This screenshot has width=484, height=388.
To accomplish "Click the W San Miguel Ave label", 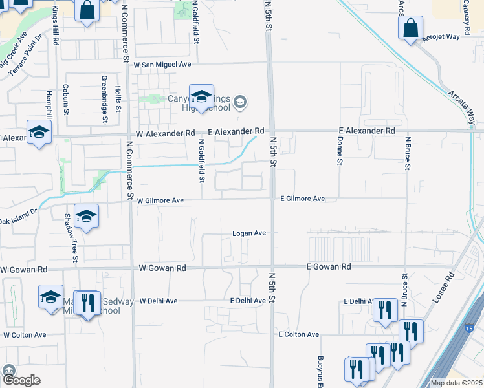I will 162,65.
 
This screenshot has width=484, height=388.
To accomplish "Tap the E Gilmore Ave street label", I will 302,199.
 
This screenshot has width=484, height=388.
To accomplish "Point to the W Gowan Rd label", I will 162,268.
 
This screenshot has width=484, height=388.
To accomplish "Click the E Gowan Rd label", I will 329,266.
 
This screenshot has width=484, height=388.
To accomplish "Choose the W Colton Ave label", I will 25,335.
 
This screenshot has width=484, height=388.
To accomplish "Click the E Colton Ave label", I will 299,334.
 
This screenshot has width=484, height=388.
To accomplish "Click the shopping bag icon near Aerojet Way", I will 410,28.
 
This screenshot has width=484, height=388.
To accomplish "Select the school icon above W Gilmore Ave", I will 85,217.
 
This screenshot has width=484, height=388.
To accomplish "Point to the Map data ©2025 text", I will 457,383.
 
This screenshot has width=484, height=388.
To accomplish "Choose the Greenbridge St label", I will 104,99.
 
